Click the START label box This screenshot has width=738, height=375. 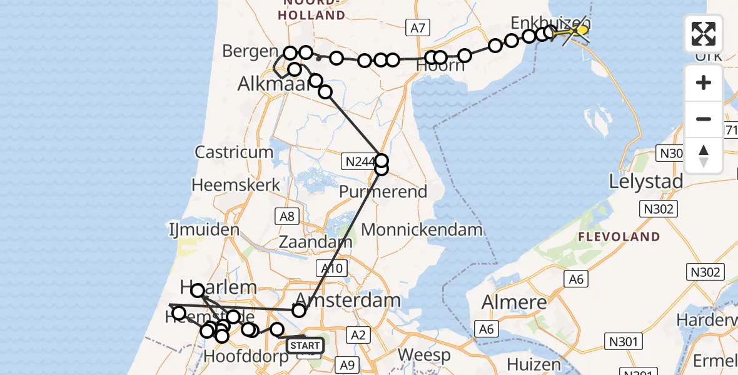click(305, 345)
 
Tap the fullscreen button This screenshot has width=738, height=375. click(704, 34)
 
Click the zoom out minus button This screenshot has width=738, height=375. click(704, 119)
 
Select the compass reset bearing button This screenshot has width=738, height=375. click(704, 155)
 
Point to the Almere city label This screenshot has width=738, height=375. click(515, 302)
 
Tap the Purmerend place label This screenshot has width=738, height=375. click(383, 192)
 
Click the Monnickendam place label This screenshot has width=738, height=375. click(422, 229)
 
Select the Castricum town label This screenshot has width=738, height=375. click(234, 152)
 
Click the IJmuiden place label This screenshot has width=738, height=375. click(204, 229)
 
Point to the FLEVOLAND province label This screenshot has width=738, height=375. click(619, 237)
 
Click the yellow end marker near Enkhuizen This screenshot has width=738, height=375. click(582, 29)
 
